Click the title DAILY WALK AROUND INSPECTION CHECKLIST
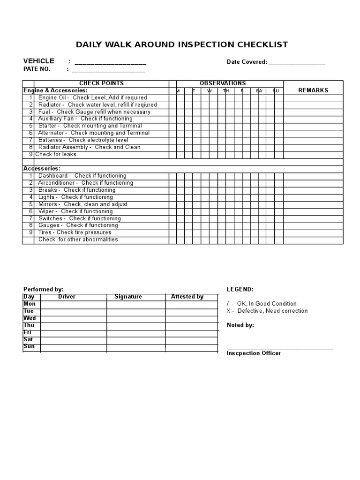point(182,45)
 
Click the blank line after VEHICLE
point(110,63)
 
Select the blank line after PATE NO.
point(108,71)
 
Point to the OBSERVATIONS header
point(223,83)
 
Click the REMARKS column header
point(313,90)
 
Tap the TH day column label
point(226,91)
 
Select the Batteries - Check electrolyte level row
point(83,140)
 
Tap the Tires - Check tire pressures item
point(75,232)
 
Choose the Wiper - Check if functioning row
point(75,211)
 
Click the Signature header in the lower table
point(128,297)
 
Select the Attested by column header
point(187,297)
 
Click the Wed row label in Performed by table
point(29,318)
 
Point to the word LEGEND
point(240,290)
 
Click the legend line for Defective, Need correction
point(267,311)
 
